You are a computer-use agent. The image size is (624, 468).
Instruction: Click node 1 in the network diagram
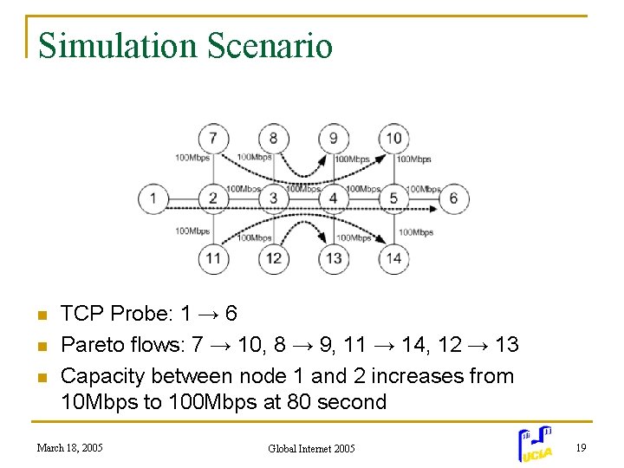point(153,198)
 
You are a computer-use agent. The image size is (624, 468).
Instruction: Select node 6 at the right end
point(453,198)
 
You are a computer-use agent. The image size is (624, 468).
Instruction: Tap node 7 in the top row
point(212,138)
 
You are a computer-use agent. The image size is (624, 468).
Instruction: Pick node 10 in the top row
point(393,138)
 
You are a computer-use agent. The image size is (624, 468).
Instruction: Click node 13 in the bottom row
point(333,258)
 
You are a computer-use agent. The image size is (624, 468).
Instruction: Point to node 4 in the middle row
point(333,198)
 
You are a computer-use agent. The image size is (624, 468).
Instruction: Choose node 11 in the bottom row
point(212,258)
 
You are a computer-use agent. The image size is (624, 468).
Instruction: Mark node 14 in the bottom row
point(393,258)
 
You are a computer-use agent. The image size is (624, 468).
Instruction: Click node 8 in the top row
point(273,138)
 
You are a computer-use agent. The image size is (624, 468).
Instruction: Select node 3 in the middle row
point(273,198)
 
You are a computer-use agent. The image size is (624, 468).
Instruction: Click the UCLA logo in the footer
point(536,445)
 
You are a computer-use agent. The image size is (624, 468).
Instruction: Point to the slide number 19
point(582,447)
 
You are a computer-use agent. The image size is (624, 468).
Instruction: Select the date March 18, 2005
point(69,448)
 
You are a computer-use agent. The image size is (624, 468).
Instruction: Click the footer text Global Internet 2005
point(311,448)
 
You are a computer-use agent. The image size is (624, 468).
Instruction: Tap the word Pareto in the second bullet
point(91,345)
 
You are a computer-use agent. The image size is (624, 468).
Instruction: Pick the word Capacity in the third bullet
point(103,376)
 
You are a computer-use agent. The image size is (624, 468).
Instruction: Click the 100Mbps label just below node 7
point(192,159)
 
